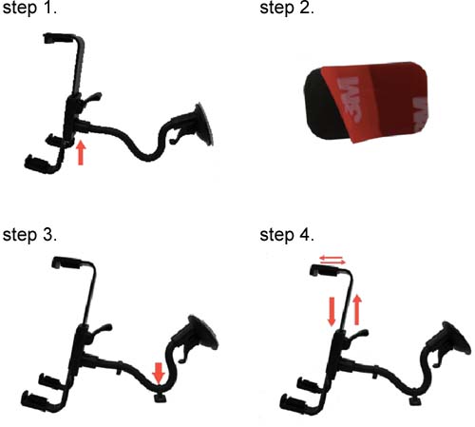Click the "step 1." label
[x=29, y=8]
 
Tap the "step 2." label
[x=287, y=8]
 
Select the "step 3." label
[x=29, y=235]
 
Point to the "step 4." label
[x=287, y=235]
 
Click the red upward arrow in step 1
[x=81, y=153]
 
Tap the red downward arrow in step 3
[x=159, y=373]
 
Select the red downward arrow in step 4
[x=332, y=312]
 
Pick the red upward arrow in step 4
[x=357, y=310]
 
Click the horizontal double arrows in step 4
[x=332, y=261]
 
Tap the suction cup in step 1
[x=203, y=125]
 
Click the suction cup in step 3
[x=202, y=333]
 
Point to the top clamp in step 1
[x=60, y=38]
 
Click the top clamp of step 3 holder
[x=68, y=262]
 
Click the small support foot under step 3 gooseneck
[x=161, y=398]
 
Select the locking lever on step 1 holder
[x=93, y=97]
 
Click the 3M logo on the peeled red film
[x=350, y=99]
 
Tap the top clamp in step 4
[x=326, y=271]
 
